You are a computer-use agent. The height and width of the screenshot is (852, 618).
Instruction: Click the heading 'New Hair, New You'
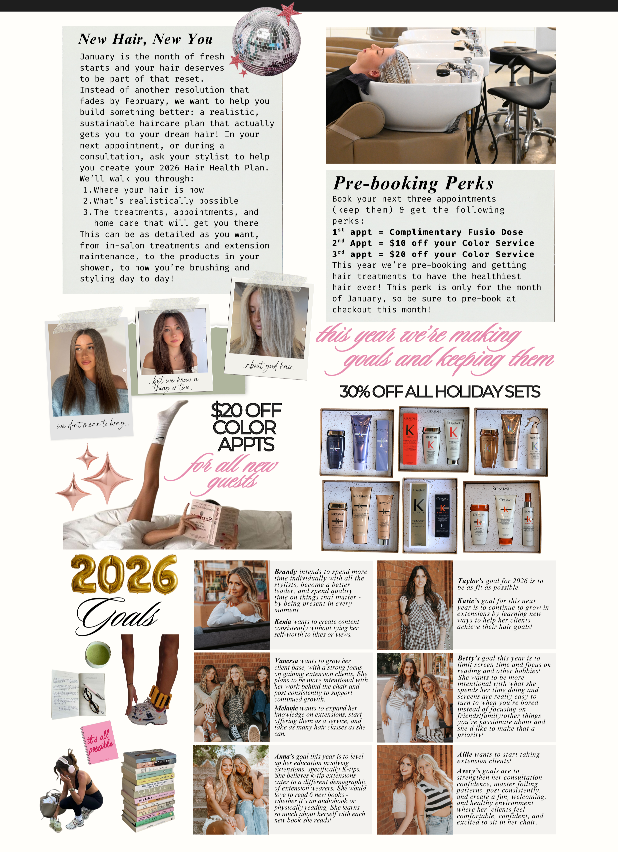click(x=146, y=39)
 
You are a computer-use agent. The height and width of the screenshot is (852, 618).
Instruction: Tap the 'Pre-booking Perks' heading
click(x=413, y=183)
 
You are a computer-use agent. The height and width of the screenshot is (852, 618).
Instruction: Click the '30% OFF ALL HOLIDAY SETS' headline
click(x=439, y=392)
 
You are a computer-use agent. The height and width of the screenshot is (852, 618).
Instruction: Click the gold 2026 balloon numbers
click(x=124, y=575)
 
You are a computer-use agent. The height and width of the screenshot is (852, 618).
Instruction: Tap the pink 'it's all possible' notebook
click(x=99, y=742)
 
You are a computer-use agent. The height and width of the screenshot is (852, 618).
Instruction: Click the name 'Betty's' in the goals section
click(x=469, y=658)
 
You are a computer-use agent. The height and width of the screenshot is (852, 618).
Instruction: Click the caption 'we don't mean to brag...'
click(x=92, y=425)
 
